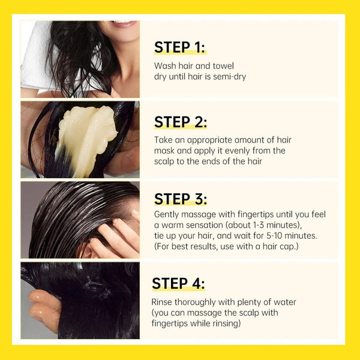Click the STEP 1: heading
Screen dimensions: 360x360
(180, 47)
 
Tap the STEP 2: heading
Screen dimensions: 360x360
(180, 122)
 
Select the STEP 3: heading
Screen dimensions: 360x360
(180, 199)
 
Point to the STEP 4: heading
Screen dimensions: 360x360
(178, 283)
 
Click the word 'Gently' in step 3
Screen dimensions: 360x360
(167, 214)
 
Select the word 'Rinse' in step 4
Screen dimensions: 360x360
(163, 302)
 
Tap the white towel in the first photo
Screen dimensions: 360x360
(36, 60)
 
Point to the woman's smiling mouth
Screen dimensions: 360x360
(124, 25)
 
